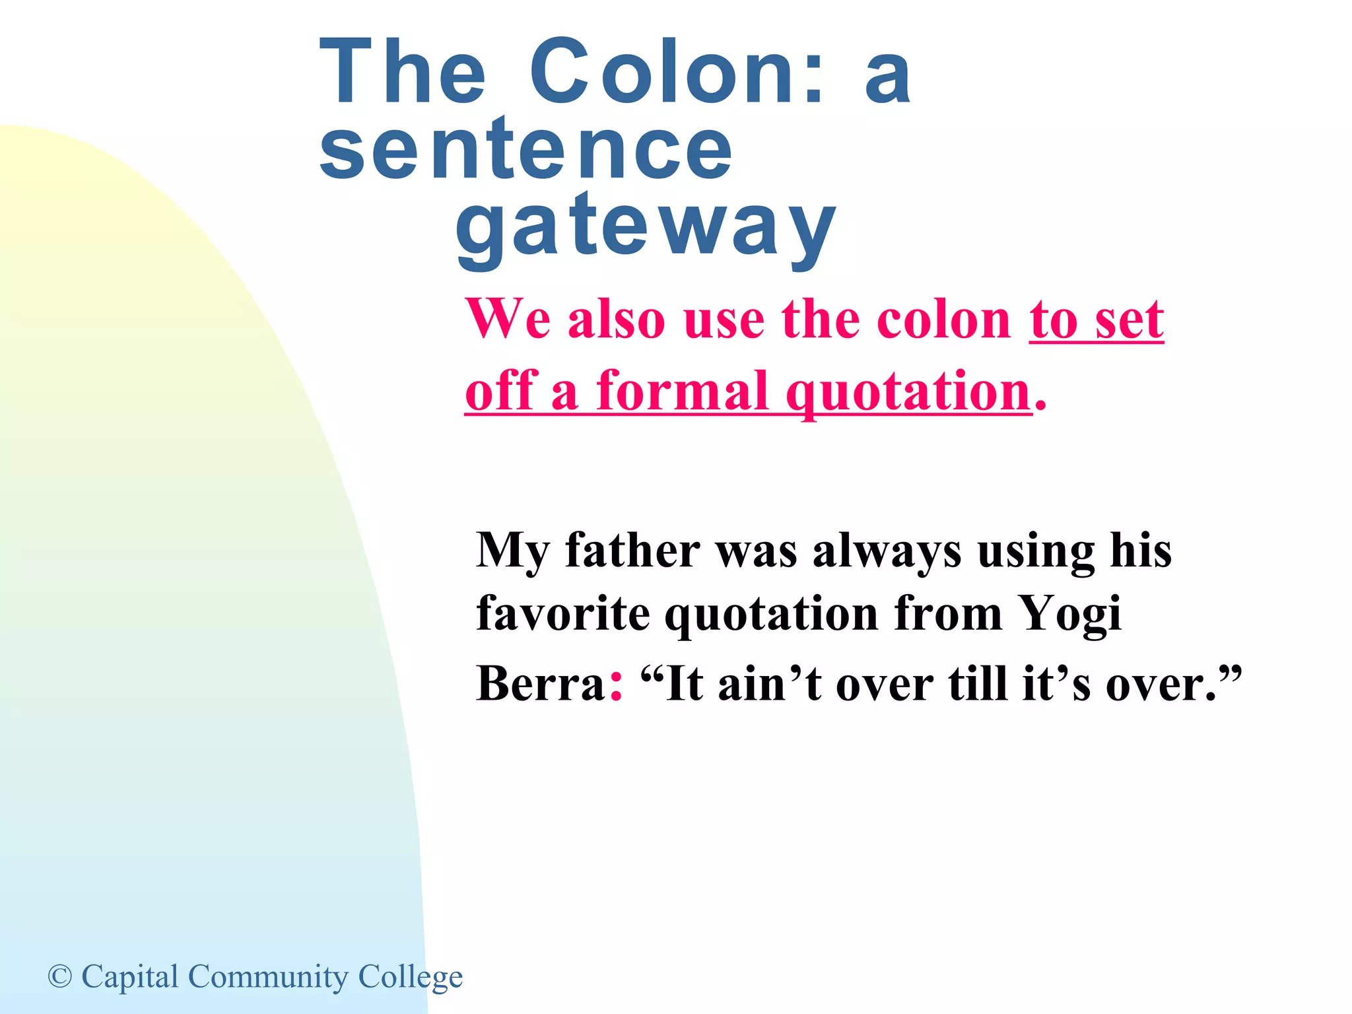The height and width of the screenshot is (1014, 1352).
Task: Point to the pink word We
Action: [x=508, y=320]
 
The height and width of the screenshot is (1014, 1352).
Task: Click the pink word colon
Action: [x=943, y=320]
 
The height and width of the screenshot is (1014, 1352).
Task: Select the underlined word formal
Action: [x=683, y=391]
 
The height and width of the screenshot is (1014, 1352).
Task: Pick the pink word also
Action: [x=616, y=320]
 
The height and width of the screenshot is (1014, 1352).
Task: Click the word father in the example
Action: [x=632, y=550]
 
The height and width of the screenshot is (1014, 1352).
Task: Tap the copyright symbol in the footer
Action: [x=60, y=976]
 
